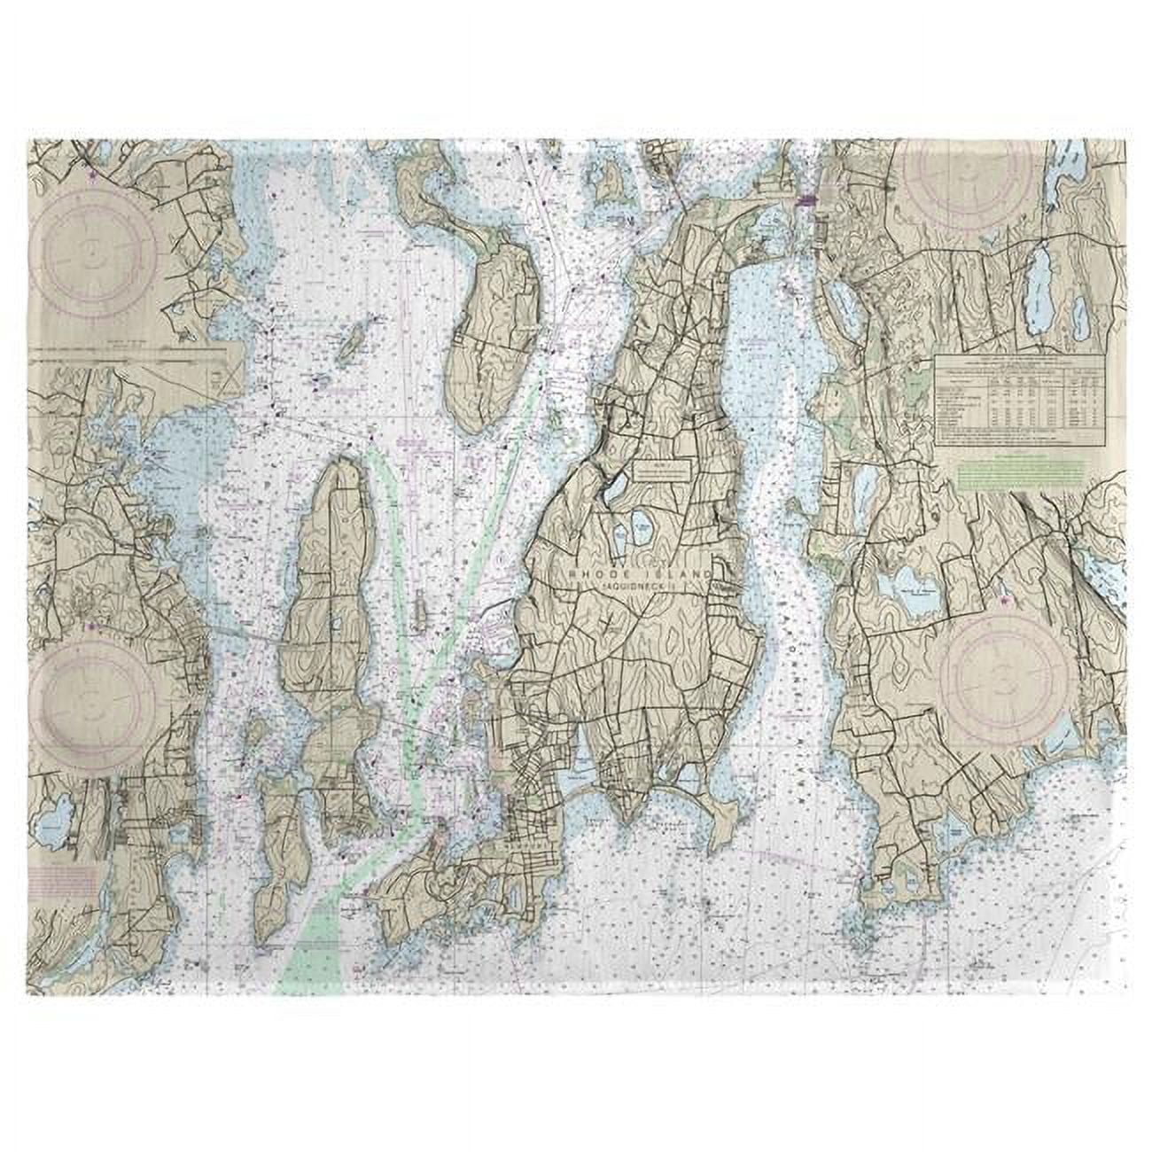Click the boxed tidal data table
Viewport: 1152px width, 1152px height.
point(1008,399)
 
